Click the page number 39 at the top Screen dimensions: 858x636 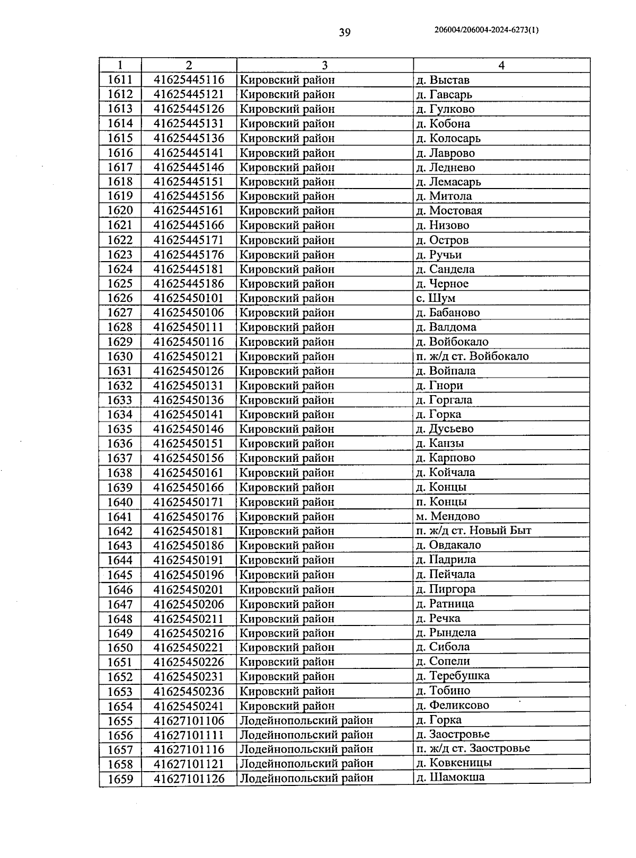(x=344, y=33)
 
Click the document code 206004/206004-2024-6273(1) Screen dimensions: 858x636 (x=486, y=30)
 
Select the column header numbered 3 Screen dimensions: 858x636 (x=324, y=65)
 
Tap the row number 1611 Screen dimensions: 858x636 (x=120, y=80)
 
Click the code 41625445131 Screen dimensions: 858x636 (x=189, y=123)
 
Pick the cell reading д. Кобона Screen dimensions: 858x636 (x=443, y=123)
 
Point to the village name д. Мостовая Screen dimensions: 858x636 (x=449, y=210)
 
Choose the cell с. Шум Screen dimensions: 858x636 (x=436, y=298)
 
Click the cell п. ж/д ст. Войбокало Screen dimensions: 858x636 (x=472, y=356)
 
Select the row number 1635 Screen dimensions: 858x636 (x=120, y=429)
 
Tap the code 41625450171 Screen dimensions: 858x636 (x=189, y=502)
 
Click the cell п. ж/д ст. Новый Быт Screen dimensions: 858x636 (x=474, y=530)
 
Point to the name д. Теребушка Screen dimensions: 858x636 (x=453, y=676)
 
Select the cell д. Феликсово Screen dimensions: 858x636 (x=453, y=705)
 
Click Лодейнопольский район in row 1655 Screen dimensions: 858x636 (x=306, y=720)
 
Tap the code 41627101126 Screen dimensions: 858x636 (x=189, y=779)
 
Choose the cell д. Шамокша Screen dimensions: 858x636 (x=450, y=777)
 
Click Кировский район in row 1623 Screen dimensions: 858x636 (x=287, y=255)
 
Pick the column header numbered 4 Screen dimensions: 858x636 (x=501, y=65)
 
